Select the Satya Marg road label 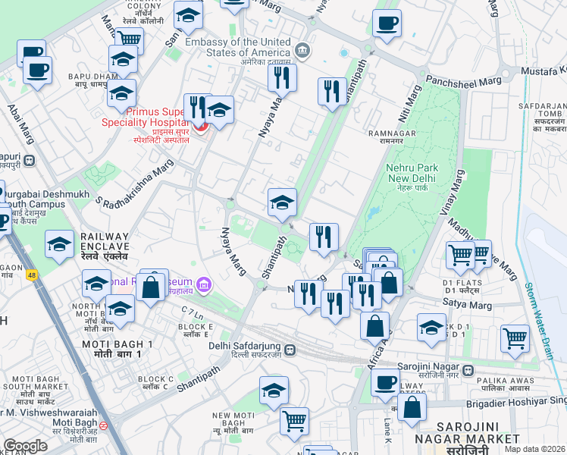[465, 304]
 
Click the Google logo [25, 446]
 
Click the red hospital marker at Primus [201, 124]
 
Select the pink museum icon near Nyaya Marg [202, 284]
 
